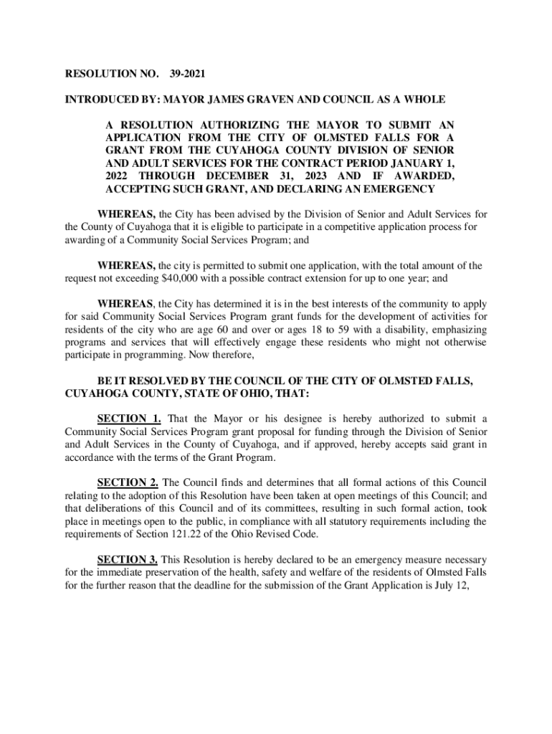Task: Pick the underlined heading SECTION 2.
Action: pos(127,482)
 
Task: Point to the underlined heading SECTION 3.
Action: pos(127,559)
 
